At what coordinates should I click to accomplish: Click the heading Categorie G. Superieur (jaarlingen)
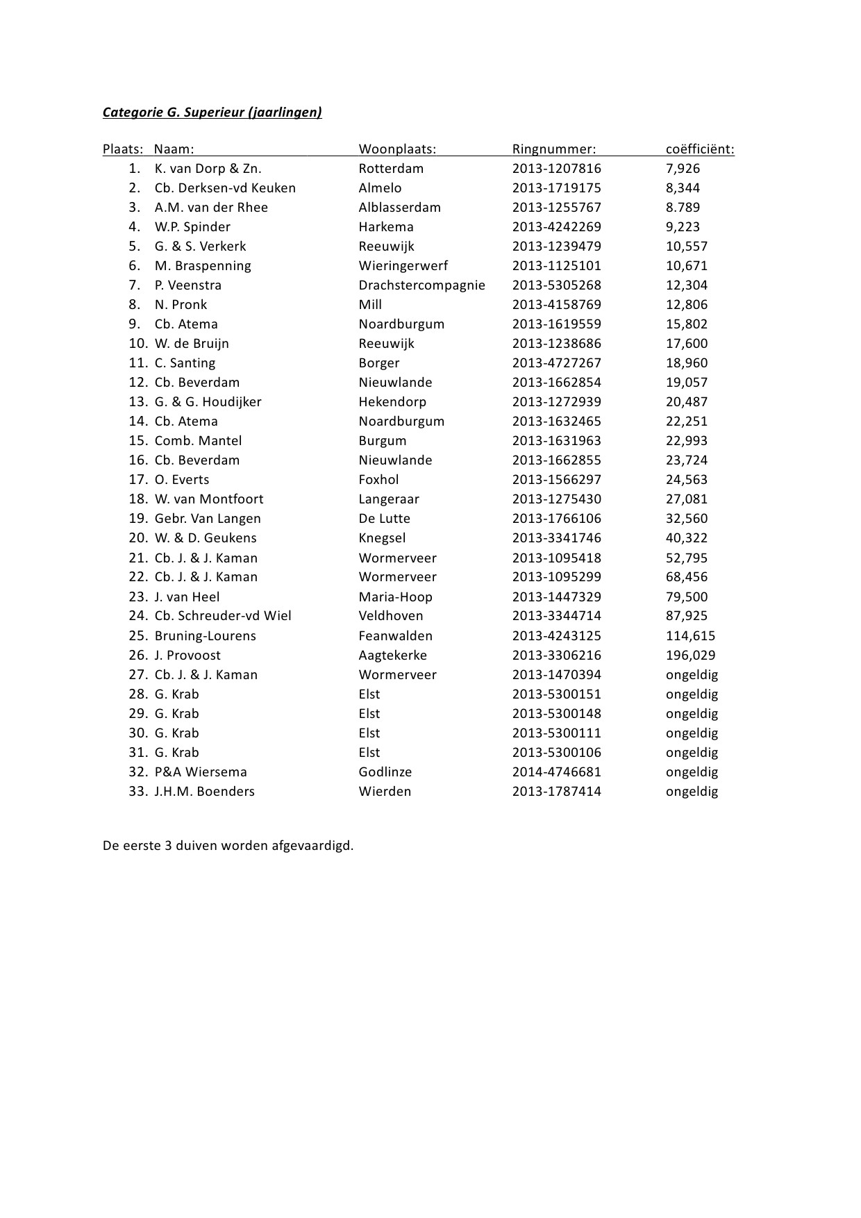[212, 112]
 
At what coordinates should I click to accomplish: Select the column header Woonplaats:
[397, 149]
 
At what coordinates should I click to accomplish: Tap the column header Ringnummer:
[554, 149]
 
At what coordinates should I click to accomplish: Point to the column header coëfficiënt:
[700, 149]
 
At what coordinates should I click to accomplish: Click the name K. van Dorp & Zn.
[208, 168]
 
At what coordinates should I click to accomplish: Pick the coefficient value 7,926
[683, 168]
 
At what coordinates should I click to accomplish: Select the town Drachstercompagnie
[421, 285]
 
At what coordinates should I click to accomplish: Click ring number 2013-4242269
[557, 226]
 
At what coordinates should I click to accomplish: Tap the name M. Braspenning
[203, 265]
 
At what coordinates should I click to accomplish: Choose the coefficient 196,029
[690, 655]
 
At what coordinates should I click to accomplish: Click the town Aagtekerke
[393, 655]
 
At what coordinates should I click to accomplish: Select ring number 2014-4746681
[557, 771]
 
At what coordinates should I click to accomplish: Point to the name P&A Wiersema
[201, 771]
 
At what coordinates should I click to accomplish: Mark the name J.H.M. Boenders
[204, 791]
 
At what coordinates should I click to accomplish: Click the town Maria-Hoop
[395, 597]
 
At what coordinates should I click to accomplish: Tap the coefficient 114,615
[690, 635]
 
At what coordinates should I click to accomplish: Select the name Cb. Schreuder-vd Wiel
[223, 615]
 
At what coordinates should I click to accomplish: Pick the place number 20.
[137, 537]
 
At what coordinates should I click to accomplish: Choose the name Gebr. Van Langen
[208, 518]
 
